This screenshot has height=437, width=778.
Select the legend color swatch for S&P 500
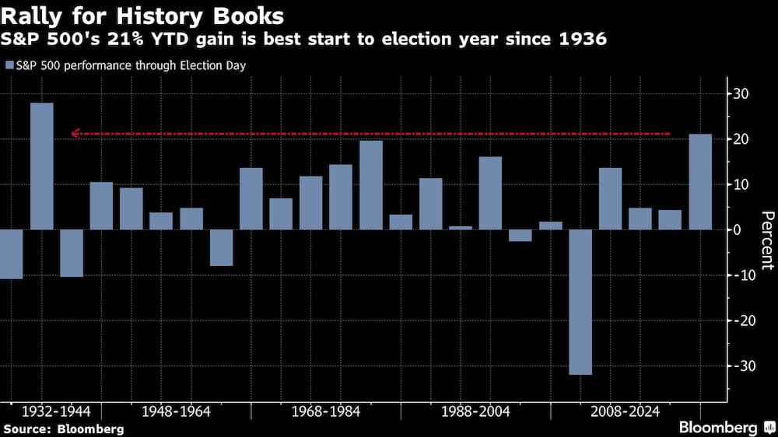(x=9, y=66)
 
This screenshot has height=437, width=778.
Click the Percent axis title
(x=767, y=240)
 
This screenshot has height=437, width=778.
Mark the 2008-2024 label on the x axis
(x=626, y=411)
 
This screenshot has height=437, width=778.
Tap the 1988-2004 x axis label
(x=475, y=411)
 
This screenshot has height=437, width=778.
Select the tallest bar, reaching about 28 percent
(x=41, y=166)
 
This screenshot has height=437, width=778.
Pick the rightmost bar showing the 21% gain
(x=700, y=182)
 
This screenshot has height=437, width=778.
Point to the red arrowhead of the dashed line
(x=75, y=135)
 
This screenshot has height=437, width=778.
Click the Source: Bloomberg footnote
(x=63, y=428)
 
